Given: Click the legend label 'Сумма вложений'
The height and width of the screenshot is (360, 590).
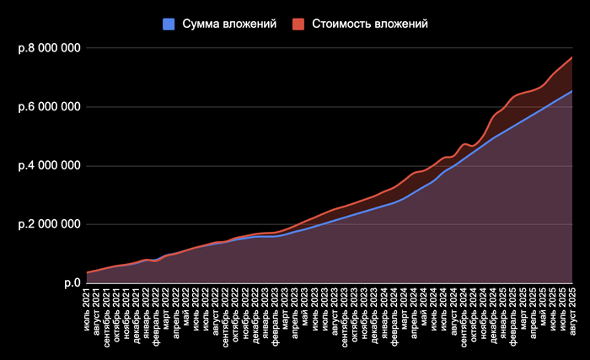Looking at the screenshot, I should click(229, 24).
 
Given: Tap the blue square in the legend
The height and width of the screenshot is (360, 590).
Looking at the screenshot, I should click(168, 24).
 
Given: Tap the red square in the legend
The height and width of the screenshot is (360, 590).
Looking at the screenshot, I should click(301, 24).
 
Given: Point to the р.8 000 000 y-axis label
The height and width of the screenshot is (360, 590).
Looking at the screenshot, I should click(49, 48).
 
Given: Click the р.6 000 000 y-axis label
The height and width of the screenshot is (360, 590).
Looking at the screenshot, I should click(49, 107).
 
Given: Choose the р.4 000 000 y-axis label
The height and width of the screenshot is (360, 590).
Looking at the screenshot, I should click(49, 165).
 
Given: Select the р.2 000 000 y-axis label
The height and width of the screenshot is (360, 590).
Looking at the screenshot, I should click(49, 224).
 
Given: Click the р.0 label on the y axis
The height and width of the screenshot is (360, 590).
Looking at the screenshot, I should click(72, 283).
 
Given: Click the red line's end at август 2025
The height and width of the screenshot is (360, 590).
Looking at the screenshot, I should click(572, 57).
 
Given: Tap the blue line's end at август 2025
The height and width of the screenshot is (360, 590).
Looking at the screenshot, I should click(572, 91).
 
